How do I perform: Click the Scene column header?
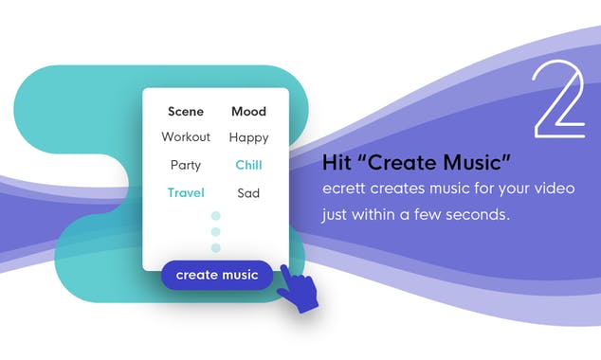click(x=186, y=111)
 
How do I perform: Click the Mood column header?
click(x=248, y=111)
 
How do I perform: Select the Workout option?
click(x=186, y=137)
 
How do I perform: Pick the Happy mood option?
click(x=248, y=138)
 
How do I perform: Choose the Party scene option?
click(x=186, y=165)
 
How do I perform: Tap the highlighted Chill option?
click(x=248, y=165)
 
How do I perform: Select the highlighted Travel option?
click(x=186, y=193)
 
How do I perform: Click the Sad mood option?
click(x=248, y=193)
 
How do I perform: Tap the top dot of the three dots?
click(x=215, y=216)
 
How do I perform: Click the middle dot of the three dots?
click(x=215, y=232)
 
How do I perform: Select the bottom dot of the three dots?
click(x=215, y=248)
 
